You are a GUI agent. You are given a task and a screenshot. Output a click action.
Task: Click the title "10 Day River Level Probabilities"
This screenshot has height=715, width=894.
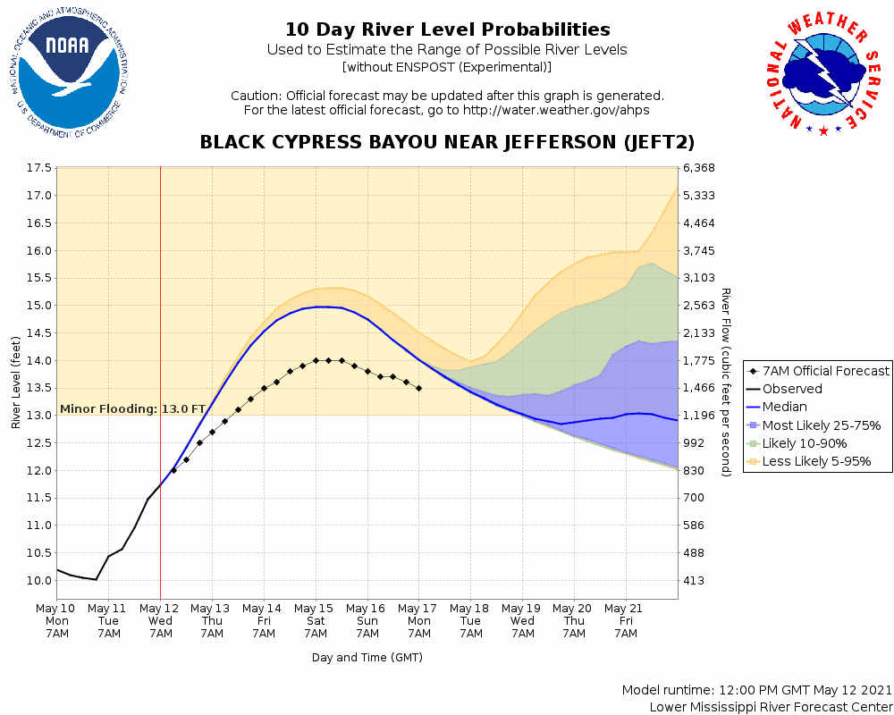(447, 30)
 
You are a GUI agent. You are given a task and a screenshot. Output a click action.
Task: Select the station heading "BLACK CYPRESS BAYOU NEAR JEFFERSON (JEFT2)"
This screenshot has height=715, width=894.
(447, 143)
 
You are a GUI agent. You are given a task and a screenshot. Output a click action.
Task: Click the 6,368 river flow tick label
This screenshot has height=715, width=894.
(700, 168)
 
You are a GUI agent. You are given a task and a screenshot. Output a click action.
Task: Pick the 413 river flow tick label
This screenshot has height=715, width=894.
(694, 581)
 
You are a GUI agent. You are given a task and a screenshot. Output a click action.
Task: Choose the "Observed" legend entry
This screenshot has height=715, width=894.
(792, 389)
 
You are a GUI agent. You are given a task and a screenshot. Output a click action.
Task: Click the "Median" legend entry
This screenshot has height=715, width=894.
(787, 407)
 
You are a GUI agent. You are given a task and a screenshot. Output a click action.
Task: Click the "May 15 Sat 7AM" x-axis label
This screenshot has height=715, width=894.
(316, 621)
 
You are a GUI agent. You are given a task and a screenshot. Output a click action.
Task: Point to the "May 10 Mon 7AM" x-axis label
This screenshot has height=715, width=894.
(57, 621)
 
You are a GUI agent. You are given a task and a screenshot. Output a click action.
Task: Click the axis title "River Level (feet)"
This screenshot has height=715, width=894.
(16, 383)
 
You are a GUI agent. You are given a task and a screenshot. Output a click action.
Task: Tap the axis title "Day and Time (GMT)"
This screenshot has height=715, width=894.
(367, 657)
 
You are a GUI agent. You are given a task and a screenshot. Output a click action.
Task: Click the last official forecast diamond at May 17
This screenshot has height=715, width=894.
(419, 388)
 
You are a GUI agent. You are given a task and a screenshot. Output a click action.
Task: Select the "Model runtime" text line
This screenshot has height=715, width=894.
(756, 691)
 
